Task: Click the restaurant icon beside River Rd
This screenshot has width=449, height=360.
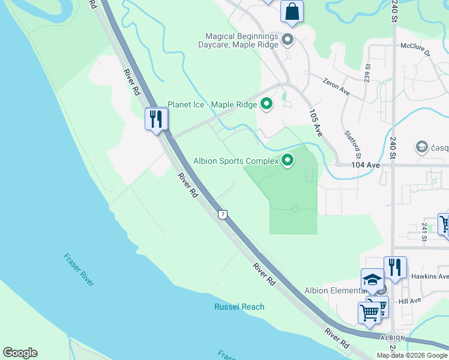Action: point(156,119)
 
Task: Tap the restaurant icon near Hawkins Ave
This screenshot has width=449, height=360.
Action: point(395,266)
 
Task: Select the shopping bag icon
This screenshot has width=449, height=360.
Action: point(292,11)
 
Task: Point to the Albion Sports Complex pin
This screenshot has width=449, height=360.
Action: point(288,160)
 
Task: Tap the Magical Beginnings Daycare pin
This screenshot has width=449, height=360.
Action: point(288,41)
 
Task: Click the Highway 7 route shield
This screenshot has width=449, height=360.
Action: point(223,214)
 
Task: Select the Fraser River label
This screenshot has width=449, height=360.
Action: point(79,269)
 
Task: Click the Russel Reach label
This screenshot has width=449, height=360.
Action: point(239,307)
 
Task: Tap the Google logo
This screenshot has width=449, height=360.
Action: point(20,353)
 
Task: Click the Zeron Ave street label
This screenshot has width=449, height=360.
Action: point(336,86)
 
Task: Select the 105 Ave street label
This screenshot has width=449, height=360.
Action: point(316,123)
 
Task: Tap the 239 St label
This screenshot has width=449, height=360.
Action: point(367,74)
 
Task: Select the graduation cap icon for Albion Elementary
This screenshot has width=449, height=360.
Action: point(372,279)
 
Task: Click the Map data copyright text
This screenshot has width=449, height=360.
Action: point(411,355)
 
